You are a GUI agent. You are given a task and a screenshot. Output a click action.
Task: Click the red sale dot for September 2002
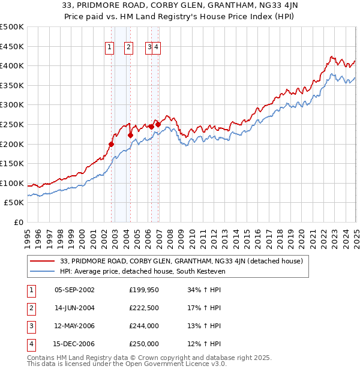112,144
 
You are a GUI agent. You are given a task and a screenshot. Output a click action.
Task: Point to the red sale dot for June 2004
130,135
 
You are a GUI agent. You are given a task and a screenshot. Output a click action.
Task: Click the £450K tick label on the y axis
13,46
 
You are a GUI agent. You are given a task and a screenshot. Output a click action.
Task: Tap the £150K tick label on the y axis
13,163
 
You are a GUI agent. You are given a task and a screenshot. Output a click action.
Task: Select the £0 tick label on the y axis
17,222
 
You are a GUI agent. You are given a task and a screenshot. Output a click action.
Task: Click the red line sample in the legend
43,261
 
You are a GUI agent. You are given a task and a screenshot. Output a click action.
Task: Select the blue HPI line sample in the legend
43,271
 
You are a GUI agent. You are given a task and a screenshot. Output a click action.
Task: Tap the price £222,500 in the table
144,308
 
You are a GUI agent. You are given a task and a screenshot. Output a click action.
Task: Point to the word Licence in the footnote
190,364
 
